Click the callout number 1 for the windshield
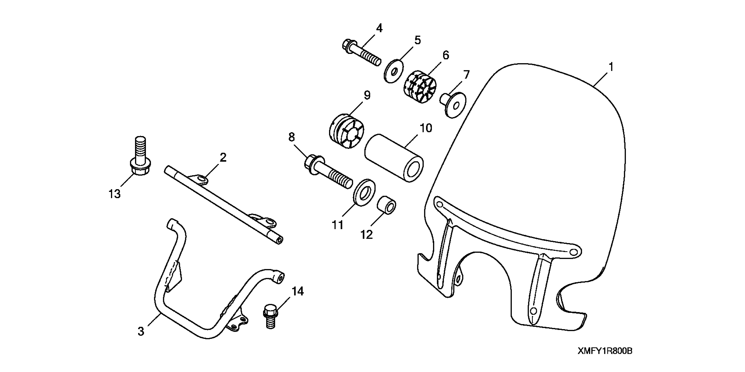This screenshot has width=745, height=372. [611, 67]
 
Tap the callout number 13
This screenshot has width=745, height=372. [114, 194]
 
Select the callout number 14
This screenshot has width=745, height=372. [298, 291]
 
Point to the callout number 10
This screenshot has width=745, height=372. [426, 128]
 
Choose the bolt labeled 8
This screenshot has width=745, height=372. [328, 172]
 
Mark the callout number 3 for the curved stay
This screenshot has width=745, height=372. [141, 332]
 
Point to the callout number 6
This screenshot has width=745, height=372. [446, 55]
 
